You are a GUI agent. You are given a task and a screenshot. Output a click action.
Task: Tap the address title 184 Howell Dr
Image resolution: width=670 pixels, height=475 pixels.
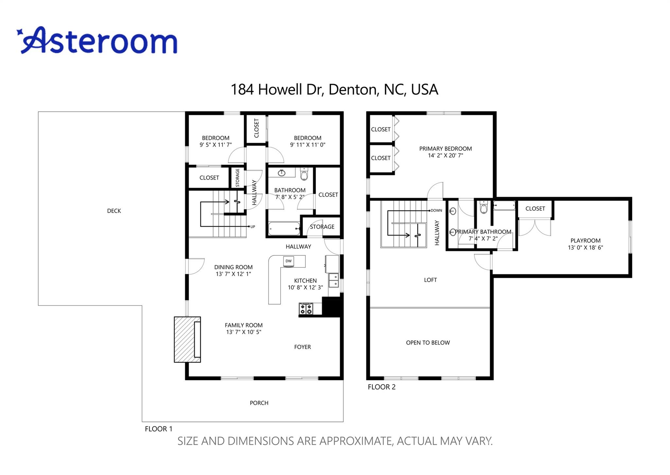click(334, 89)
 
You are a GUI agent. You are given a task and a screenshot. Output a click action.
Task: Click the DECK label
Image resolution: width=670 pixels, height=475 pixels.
click(114, 211)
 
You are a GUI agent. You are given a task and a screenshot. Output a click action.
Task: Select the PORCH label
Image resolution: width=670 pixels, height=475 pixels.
click(259, 403)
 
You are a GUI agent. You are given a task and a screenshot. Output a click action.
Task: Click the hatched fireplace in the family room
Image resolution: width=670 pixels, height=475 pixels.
click(187, 339)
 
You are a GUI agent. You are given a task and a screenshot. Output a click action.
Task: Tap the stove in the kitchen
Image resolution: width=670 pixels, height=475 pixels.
click(306, 309)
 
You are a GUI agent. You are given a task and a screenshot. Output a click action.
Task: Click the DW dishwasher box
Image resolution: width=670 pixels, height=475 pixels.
click(289, 261)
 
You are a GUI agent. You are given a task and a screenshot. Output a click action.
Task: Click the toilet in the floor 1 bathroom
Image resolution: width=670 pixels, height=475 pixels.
click(304, 175)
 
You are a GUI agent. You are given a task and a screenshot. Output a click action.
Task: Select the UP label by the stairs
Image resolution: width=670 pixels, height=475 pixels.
click(253, 227)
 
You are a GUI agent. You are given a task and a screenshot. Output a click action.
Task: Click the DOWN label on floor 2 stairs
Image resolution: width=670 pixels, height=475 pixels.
click(436, 210)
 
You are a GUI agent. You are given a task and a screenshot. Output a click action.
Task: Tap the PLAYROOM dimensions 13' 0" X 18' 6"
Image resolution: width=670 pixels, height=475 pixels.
click(585, 248)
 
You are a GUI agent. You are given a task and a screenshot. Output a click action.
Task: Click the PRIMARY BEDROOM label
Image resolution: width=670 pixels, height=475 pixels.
click(445, 149)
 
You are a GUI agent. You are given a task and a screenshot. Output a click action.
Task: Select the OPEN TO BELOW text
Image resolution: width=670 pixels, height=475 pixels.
click(428, 343)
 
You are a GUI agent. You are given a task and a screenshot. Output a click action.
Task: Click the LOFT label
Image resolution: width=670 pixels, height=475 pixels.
click(430, 280)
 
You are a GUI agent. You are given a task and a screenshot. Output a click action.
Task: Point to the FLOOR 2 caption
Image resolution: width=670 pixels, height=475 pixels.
click(381, 387)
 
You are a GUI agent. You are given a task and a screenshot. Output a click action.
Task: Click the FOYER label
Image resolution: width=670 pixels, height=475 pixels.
click(302, 347)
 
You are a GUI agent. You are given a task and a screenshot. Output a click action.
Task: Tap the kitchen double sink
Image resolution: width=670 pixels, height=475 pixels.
click(333, 280)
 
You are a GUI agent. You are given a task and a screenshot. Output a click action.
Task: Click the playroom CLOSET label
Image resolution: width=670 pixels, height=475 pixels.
click(535, 208)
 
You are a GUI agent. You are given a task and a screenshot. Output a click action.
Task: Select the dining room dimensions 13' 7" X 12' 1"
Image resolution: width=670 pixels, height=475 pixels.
click(233, 274)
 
